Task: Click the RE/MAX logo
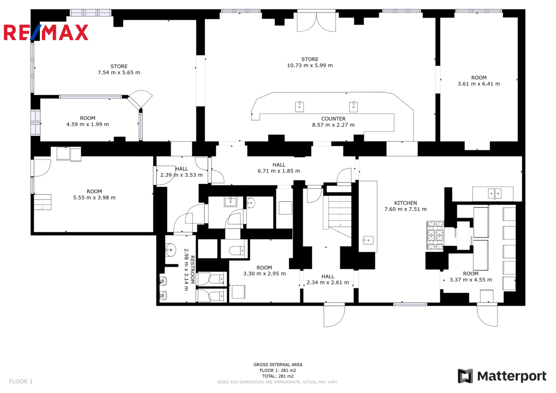click(x=46, y=32)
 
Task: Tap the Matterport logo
click(x=502, y=376)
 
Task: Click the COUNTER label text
click(x=334, y=119)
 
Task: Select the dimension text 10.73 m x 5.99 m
click(x=310, y=65)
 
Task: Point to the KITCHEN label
click(x=406, y=203)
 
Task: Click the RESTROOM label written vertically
click(x=192, y=270)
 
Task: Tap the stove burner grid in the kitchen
click(x=435, y=235)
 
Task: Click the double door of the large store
click(x=316, y=22)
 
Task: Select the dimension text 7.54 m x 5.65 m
click(x=119, y=72)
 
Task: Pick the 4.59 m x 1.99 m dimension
click(x=87, y=124)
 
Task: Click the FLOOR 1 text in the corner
click(x=21, y=381)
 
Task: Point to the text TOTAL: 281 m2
click(x=278, y=376)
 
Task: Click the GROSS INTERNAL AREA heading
click(x=278, y=365)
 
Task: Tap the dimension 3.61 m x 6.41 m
click(x=479, y=84)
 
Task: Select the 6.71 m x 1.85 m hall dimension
click(x=279, y=171)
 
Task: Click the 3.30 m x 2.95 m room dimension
click(x=264, y=274)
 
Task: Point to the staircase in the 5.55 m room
click(x=43, y=202)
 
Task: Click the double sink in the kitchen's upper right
click(x=494, y=194)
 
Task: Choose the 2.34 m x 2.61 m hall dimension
click(x=328, y=282)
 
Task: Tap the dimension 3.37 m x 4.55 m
click(x=470, y=280)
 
